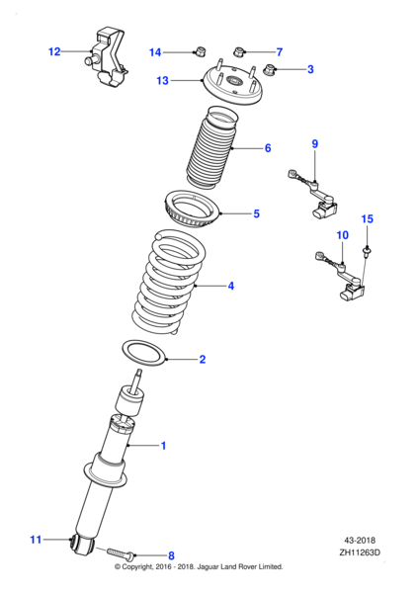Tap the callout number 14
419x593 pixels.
point(155,51)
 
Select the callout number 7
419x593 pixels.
point(279,51)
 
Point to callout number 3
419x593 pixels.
point(309,69)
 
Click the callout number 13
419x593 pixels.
point(163,81)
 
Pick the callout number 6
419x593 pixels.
point(267,149)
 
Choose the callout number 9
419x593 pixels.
point(315,144)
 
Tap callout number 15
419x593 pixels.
point(367,218)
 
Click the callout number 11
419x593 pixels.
point(36,540)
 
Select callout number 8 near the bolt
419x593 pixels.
point(170,555)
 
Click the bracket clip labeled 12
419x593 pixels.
point(107,58)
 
